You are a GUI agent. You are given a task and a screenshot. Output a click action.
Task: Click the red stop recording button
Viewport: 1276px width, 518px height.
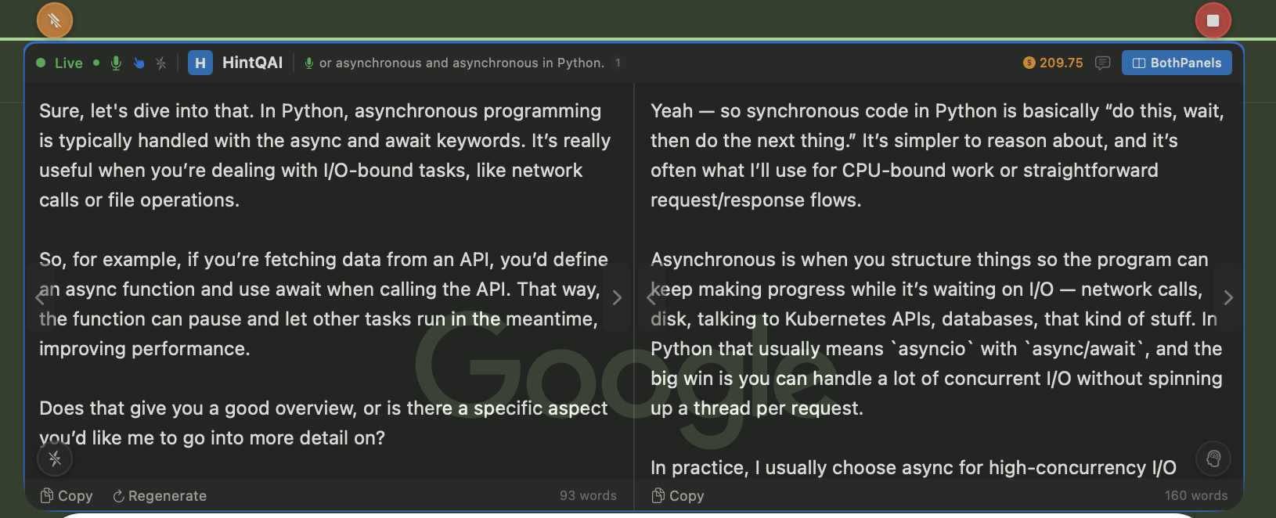(1213, 20)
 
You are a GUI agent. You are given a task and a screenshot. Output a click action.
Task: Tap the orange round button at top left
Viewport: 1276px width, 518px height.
(55, 20)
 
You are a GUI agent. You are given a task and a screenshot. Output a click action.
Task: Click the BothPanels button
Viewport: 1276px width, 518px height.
(1177, 63)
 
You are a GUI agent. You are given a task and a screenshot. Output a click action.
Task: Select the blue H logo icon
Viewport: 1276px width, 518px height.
(200, 63)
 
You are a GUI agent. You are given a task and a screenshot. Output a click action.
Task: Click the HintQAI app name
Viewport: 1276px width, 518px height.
(252, 63)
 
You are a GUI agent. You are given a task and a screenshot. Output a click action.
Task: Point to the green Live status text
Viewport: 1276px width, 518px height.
(68, 63)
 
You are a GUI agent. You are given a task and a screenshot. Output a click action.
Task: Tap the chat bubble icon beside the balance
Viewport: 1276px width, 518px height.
(1102, 63)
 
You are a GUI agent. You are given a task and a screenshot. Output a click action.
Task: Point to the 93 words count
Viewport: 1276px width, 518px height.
(588, 496)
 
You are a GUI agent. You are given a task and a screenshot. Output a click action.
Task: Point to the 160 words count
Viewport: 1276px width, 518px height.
(1196, 496)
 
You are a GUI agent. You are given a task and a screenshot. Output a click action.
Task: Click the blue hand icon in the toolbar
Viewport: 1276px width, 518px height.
(139, 63)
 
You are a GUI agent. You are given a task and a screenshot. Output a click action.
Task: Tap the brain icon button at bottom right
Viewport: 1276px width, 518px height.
(1213, 459)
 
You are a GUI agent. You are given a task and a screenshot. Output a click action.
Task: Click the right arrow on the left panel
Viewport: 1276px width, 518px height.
(617, 297)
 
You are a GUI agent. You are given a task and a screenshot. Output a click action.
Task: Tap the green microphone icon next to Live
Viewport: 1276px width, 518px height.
(116, 63)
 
